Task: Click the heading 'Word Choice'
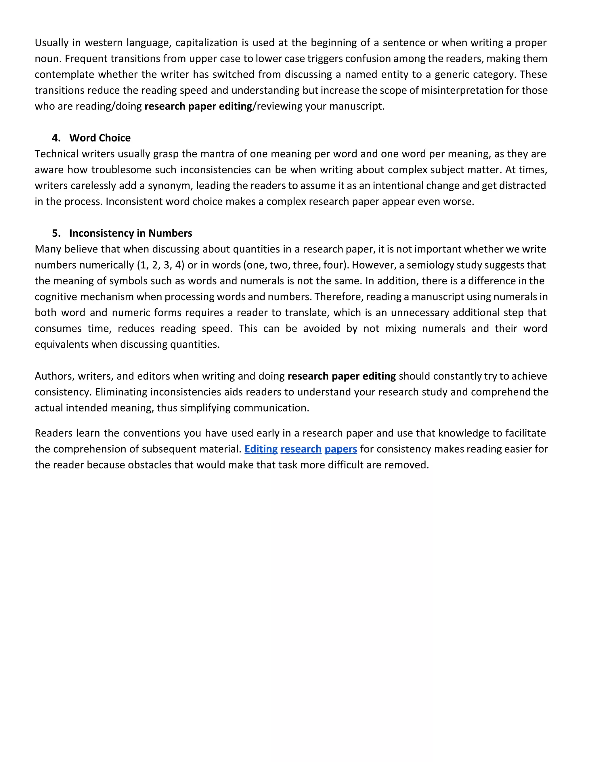point(100,138)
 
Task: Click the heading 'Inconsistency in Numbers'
point(131,233)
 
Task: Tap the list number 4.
point(56,138)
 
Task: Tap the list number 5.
point(56,233)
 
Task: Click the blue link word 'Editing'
point(261,449)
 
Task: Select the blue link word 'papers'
point(341,449)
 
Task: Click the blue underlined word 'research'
point(301,449)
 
